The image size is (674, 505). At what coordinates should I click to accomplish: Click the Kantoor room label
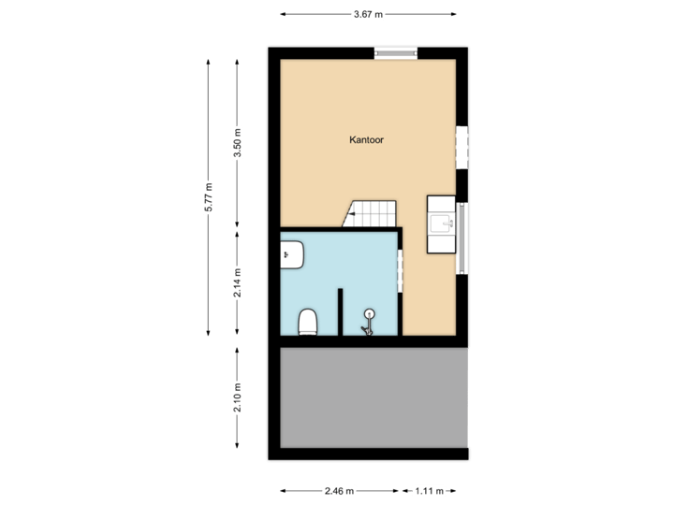tap(367, 139)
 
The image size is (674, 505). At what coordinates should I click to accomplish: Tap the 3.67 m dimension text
tap(368, 14)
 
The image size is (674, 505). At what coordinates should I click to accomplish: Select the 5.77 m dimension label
tap(209, 197)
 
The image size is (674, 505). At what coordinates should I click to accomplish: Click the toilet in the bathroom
tap(307, 323)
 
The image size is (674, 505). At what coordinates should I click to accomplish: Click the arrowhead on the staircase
tap(347, 214)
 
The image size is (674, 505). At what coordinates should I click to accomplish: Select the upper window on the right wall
tap(461, 148)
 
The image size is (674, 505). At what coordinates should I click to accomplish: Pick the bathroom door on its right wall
tap(400, 272)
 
